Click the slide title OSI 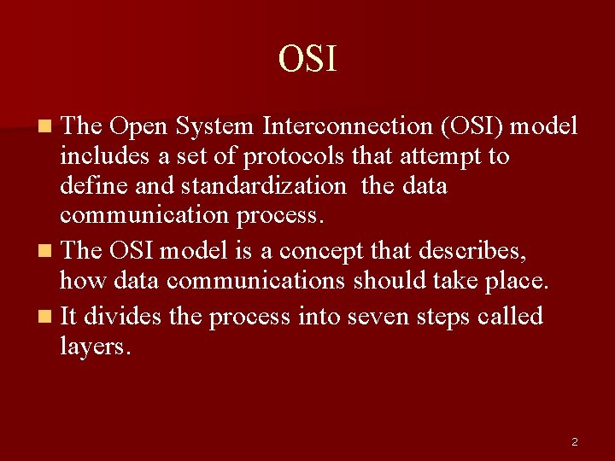click(307, 59)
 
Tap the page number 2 click(574, 441)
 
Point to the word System click(214, 126)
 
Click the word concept click(325, 251)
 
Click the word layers click(96, 346)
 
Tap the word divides click(123, 317)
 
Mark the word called click(511, 317)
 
